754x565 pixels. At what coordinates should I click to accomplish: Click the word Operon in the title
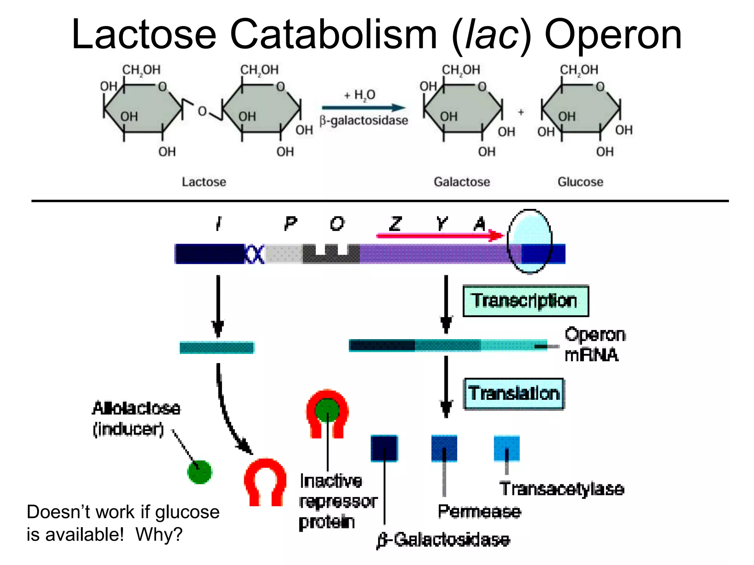point(613,35)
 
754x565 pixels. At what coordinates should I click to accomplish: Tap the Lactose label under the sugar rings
point(204,182)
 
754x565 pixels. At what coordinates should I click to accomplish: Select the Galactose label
point(462,182)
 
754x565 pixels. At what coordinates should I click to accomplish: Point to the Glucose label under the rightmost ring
point(580,182)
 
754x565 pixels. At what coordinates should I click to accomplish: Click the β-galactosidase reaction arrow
point(363,108)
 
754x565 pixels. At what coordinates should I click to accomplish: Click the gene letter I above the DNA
point(219,223)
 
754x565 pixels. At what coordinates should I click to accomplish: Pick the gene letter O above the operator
point(337,223)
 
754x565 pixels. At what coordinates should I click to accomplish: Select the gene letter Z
point(395,223)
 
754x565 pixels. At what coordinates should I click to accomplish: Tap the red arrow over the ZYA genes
point(438,235)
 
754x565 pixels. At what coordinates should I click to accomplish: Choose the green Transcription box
point(525,301)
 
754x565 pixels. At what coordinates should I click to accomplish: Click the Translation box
point(514,394)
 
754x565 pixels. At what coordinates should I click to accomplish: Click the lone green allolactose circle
point(200,472)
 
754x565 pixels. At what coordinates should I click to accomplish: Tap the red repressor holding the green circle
point(327,412)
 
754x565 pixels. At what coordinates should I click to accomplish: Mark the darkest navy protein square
point(384,448)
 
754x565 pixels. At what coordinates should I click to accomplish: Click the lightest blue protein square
point(507,448)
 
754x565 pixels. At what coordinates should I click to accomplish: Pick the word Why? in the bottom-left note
point(159,534)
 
